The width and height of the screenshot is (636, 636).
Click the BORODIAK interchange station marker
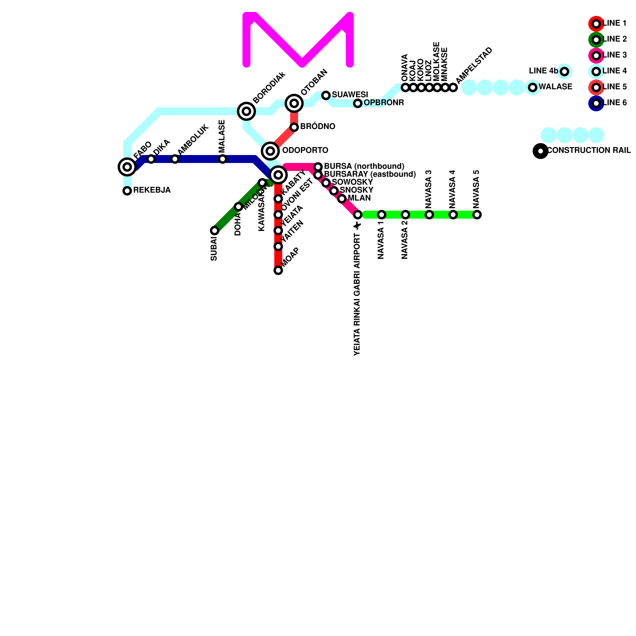pyautogui.click(x=246, y=111)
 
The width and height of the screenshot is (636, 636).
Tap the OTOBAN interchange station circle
pyautogui.click(x=294, y=103)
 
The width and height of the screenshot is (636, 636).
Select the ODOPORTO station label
pyautogui.click(x=305, y=151)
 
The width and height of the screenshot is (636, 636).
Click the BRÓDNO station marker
pyautogui.click(x=294, y=127)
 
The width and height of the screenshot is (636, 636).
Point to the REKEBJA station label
pyautogui.click(x=152, y=190)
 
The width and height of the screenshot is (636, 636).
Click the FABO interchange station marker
pyautogui.click(x=127, y=167)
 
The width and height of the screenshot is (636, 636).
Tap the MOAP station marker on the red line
pyautogui.click(x=278, y=270)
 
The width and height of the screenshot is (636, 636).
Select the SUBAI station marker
pyautogui.click(x=215, y=231)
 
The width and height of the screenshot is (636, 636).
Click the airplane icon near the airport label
pyautogui.click(x=358, y=226)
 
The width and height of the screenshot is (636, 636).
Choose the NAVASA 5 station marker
pyautogui.click(x=477, y=215)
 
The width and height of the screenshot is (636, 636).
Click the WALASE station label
pyautogui.click(x=555, y=87)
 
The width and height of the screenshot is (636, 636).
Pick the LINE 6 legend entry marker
pyautogui.click(x=596, y=103)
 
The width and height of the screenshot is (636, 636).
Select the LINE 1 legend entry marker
pyautogui.click(x=596, y=24)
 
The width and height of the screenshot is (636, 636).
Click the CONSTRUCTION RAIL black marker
pyautogui.click(x=540, y=151)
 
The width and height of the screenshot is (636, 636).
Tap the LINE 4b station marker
pyautogui.click(x=564, y=72)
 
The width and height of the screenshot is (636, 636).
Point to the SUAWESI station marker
pyautogui.click(x=326, y=95)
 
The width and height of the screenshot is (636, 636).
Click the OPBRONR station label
pyautogui.click(x=384, y=103)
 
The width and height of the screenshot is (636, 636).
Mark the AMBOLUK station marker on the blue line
pyautogui.click(x=175, y=159)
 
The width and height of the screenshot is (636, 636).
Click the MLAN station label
pyautogui.click(x=359, y=198)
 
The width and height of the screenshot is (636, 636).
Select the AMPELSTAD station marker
pyautogui.click(x=453, y=87)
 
